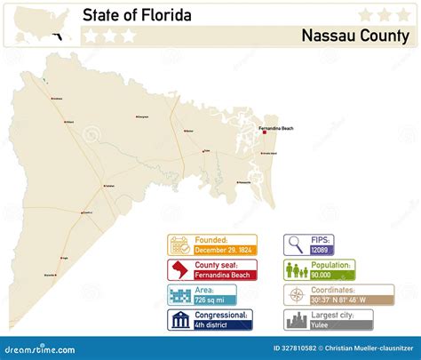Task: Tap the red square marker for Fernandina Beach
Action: pyautogui.click(x=264, y=133)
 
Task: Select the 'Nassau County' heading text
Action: pyautogui.click(x=354, y=36)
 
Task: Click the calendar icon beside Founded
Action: pyautogui.click(x=179, y=244)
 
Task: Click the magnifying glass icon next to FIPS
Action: pyautogui.click(x=295, y=244)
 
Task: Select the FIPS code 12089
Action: pyautogui.click(x=319, y=250)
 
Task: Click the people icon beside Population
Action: pyautogui.click(x=295, y=269)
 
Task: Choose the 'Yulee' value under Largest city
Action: pyautogui.click(x=319, y=325)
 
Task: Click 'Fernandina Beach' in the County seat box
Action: pyautogui.click(x=226, y=276)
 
